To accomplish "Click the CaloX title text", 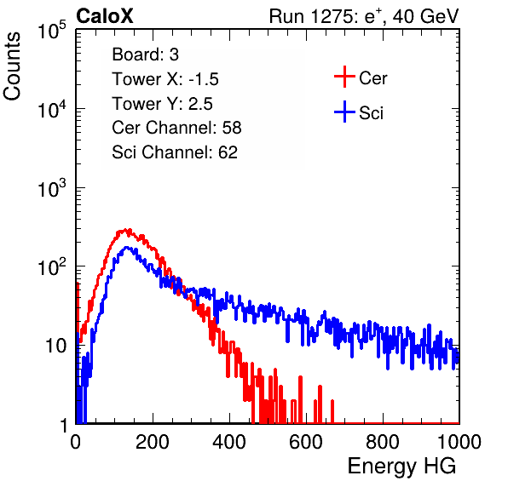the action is coord(105,15).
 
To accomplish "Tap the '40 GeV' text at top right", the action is coord(425,16).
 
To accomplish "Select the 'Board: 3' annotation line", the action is coord(145,54).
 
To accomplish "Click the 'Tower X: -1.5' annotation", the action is coord(165,79).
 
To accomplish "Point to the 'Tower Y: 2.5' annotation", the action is coord(162,104).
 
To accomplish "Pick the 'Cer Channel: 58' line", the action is coord(176,128).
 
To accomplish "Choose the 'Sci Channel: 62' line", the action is coord(175,152).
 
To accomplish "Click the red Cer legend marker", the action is coord(344,77).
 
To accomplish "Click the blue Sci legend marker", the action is coord(344,112).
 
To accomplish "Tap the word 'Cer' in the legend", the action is coord(372,78).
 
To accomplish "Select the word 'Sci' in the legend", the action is coord(371,113).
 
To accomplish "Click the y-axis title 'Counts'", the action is coord(12,66).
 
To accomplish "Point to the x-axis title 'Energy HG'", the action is coord(401,467).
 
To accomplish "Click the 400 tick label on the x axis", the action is coord(229,442).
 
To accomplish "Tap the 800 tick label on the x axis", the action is coord(383,442).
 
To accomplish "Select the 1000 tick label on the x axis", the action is coord(459,442).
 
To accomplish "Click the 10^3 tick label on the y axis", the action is coord(52,187).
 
